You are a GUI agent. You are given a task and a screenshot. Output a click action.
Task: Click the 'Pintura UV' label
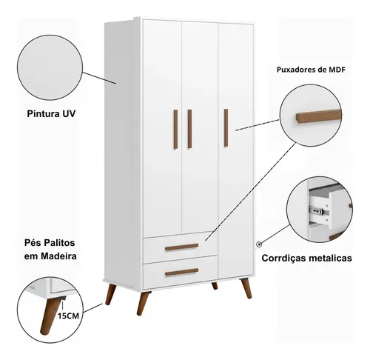[51, 114]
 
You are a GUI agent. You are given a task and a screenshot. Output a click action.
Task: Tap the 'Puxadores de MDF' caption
[311, 70]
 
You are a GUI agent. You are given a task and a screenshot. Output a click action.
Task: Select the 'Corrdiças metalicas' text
[306, 258]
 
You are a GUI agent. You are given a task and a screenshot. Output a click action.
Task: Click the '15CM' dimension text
[68, 316]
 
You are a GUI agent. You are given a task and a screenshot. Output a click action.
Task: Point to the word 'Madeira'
[58, 256]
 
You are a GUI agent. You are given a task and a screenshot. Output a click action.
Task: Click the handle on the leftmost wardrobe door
[175, 129]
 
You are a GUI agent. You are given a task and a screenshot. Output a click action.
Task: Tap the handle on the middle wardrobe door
[189, 129]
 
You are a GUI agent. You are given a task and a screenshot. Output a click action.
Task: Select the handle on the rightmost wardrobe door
[226, 128]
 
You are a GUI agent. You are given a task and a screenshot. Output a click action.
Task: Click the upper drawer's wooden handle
[182, 247]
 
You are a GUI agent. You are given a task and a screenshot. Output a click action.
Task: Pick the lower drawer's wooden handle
[182, 272]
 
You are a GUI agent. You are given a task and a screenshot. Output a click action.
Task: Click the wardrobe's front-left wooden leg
[143, 303]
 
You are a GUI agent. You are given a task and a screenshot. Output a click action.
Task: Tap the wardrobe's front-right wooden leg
[246, 288]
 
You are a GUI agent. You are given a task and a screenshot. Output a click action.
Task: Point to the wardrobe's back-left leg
[110, 294]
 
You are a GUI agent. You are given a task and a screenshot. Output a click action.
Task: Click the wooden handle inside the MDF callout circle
[319, 116]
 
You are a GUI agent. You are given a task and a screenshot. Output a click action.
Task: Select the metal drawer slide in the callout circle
[320, 210]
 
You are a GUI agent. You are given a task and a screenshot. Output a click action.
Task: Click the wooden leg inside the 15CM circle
[50, 316]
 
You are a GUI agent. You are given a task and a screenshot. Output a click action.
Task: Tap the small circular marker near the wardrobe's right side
[259, 244]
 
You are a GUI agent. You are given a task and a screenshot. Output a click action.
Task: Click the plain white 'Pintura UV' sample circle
[50, 67]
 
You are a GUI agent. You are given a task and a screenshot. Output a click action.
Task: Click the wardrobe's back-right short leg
[215, 286]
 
